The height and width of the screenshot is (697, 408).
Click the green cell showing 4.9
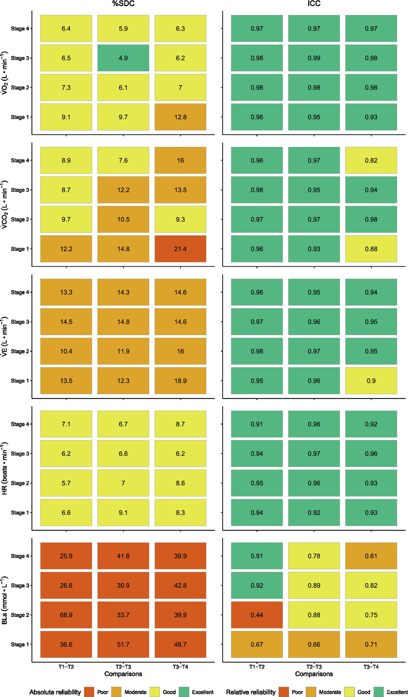point(123,58)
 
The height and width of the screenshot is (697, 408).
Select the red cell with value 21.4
point(180,249)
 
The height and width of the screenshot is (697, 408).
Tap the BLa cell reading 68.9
point(66,615)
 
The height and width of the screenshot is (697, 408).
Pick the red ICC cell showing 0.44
point(257,615)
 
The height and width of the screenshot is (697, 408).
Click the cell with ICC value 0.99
point(314,58)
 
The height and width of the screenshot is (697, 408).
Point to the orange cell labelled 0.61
point(371,556)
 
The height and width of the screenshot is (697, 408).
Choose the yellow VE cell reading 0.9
point(371,381)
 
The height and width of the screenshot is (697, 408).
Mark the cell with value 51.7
point(123,644)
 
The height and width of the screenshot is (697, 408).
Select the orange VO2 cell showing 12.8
point(180,117)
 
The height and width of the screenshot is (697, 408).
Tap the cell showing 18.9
point(180,381)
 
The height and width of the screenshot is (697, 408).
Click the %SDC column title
point(123,4)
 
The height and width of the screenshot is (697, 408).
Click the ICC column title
point(314,4)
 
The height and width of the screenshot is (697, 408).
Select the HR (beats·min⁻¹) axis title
point(4,468)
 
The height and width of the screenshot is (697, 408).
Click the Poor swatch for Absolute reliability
point(89,692)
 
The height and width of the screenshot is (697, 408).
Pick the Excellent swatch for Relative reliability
point(378,692)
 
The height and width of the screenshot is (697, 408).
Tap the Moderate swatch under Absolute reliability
point(116,692)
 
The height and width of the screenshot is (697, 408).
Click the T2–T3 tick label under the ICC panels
point(314,667)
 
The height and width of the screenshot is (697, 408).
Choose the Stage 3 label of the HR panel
point(20,454)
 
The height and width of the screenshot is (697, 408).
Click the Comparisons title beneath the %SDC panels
point(123,674)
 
